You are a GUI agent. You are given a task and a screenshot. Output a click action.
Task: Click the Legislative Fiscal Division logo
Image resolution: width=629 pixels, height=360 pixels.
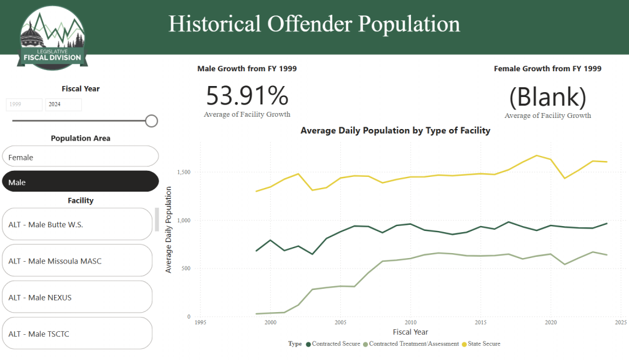(52, 37)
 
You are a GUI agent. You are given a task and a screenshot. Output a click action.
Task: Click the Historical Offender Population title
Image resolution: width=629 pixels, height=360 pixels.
(314, 24)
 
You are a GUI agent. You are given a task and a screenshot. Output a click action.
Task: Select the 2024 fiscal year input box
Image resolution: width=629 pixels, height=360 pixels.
(63, 105)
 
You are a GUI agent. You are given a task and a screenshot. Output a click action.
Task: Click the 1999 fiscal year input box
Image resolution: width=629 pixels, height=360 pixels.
(25, 105)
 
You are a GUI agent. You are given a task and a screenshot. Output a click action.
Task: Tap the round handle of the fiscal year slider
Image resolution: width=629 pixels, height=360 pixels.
(152, 121)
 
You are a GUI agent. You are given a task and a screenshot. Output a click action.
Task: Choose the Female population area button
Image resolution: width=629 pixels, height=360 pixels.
(80, 157)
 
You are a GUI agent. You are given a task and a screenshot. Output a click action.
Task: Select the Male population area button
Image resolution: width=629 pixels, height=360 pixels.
(80, 182)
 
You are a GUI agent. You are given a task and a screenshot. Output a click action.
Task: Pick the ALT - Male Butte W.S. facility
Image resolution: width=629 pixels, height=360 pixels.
(77, 224)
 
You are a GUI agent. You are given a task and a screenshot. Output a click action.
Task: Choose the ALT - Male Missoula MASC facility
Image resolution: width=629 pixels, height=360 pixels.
(77, 261)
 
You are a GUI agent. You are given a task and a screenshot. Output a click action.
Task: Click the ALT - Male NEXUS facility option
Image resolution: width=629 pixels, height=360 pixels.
(77, 297)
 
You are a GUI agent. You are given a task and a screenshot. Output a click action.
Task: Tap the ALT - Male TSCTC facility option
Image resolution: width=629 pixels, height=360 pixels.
(77, 334)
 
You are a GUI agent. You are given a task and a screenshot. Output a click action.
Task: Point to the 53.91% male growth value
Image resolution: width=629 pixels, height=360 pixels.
(247, 96)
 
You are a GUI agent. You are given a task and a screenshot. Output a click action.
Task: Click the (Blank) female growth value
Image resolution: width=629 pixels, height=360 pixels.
(547, 97)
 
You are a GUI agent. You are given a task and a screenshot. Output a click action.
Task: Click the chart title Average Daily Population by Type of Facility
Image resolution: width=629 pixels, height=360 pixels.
(395, 131)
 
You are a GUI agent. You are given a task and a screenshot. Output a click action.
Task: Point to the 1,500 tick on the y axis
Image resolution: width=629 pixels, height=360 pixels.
(182, 172)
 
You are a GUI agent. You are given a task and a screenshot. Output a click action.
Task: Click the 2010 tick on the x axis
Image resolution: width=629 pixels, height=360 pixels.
(412, 322)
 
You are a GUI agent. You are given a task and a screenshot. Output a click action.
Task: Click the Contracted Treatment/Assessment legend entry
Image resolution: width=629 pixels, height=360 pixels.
(411, 344)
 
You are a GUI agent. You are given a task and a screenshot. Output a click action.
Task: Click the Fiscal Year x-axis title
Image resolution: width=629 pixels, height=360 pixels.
(411, 332)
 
